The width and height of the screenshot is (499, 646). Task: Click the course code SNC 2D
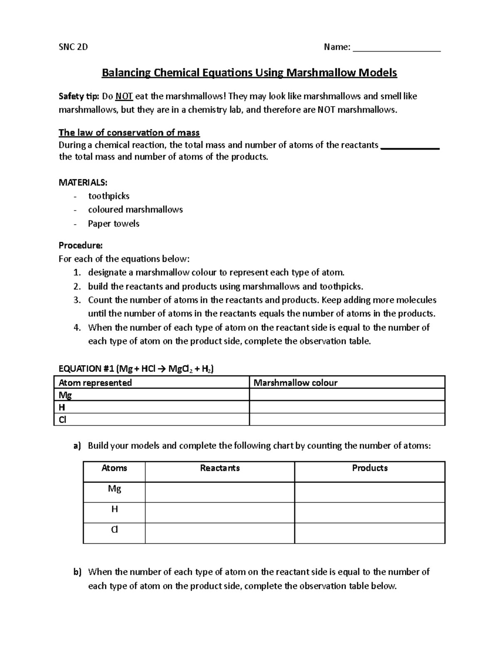click(73, 47)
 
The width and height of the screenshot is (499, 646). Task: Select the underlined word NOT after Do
click(124, 97)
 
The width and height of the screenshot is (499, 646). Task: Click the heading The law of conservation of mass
click(129, 133)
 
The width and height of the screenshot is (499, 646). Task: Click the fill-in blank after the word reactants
click(410, 146)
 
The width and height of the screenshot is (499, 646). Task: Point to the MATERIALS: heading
click(83, 183)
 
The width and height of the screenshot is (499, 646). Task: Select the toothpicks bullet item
click(109, 196)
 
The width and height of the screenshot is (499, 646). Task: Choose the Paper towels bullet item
click(114, 223)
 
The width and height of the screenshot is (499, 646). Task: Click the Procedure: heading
click(81, 245)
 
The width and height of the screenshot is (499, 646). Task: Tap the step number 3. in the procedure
click(77, 300)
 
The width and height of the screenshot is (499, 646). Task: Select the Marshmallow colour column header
click(295, 383)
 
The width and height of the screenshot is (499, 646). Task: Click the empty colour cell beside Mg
click(347, 395)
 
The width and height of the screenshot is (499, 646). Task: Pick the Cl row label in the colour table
click(62, 420)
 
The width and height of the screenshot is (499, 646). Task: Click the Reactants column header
click(220, 468)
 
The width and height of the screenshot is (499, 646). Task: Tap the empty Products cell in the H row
click(369, 512)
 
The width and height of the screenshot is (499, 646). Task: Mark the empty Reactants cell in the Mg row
click(220, 492)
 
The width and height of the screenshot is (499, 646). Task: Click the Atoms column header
click(114, 468)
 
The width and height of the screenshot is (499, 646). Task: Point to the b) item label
click(77, 572)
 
